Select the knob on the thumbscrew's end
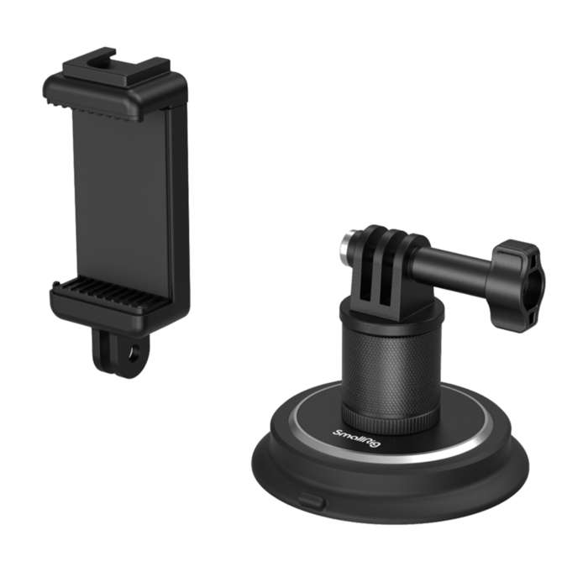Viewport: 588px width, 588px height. point(517,273)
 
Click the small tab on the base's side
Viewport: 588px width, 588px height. point(309,503)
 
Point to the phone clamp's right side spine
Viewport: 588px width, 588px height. point(178,202)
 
